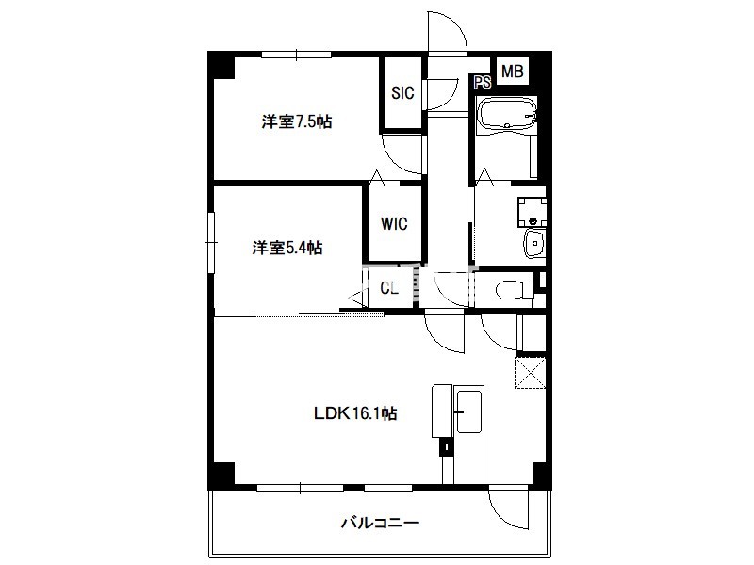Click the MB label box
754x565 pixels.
coord(513,72)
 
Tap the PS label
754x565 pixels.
coord(483,83)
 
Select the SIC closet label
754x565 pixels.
coord(402,92)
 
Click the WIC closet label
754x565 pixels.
coord(394,224)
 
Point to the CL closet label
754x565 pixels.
coord(389,288)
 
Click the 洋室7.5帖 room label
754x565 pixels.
coord(297,121)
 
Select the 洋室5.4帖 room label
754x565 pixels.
coord(287,248)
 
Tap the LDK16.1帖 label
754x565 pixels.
coord(355,413)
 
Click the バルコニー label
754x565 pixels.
coord(381,523)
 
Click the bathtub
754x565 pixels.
coord(508,114)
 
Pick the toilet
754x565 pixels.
coord(515,290)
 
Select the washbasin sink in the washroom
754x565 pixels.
coord(533,244)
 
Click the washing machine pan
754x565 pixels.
coord(532,212)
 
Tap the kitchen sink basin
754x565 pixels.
coord(468,412)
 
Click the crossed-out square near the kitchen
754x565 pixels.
coord(531,373)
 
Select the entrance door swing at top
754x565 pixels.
coord(447,32)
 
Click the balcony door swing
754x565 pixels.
coord(509,509)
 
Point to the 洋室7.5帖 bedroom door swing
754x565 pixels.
coord(402,154)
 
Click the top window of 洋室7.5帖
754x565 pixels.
coord(297,55)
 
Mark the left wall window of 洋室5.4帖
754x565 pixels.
coord(210,243)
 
